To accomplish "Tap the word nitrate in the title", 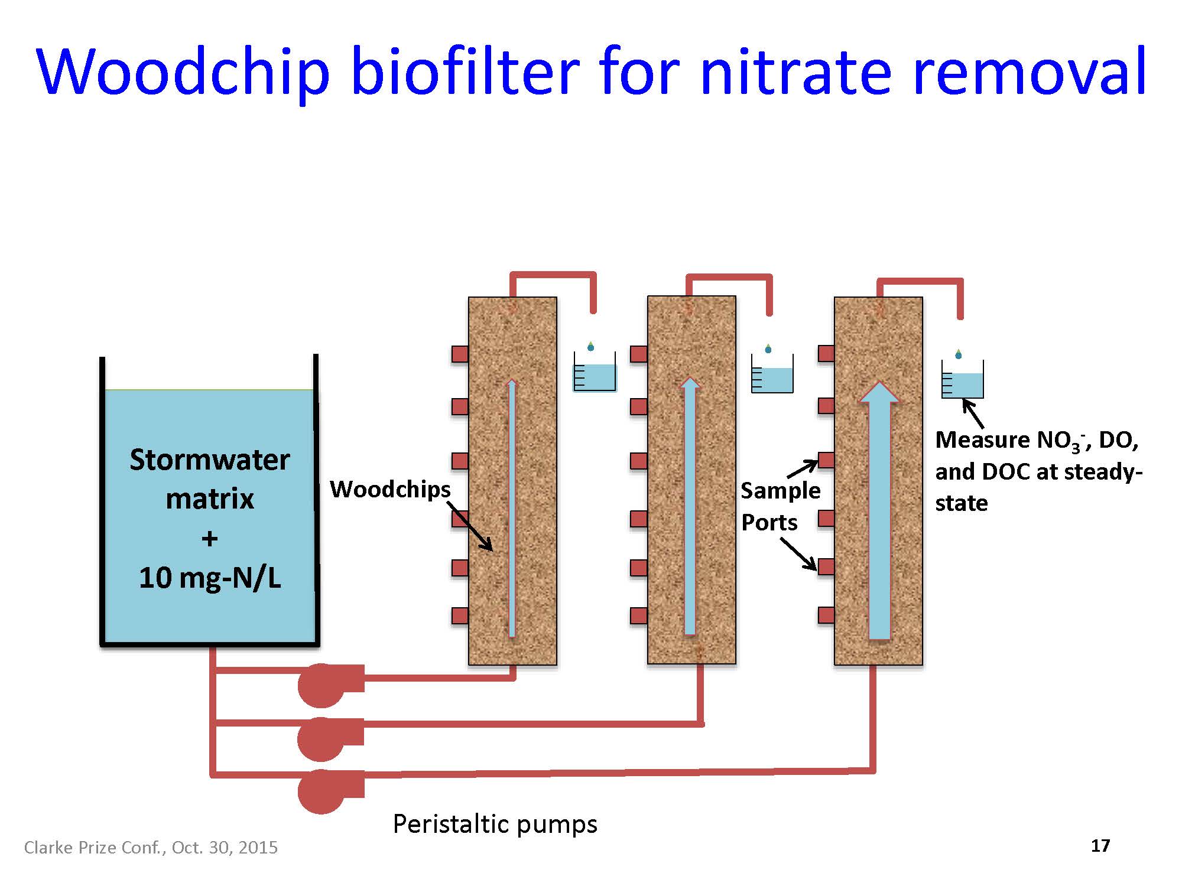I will pos(795,72).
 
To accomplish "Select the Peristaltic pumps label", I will pos(495,823).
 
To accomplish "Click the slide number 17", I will pos(1100,846).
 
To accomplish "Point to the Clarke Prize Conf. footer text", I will pos(151,848).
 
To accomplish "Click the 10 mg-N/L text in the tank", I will pos(209,577).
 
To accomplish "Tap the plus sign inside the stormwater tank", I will pos(209,538).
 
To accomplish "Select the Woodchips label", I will pos(390,489).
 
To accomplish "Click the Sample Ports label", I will pos(780,506).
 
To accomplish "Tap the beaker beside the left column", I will pos(595,374).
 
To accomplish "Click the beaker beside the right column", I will pos(963,381).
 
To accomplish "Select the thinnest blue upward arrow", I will pos(512,508).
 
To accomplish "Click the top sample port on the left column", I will pos(460,354).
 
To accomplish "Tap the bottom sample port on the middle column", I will pos(639,615).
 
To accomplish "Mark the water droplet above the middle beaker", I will pos(768,348).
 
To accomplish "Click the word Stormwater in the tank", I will pos(209,460).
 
